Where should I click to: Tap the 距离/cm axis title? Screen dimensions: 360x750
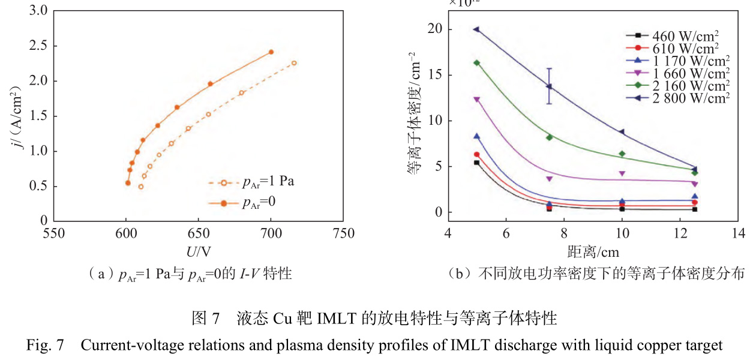pyautogui.click(x=593, y=250)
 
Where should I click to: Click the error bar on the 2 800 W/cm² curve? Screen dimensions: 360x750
pyautogui.click(x=549, y=86)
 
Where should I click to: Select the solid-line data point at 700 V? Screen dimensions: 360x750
pyautogui.click(x=271, y=52)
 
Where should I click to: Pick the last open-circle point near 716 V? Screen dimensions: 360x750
pyautogui.click(x=294, y=63)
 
